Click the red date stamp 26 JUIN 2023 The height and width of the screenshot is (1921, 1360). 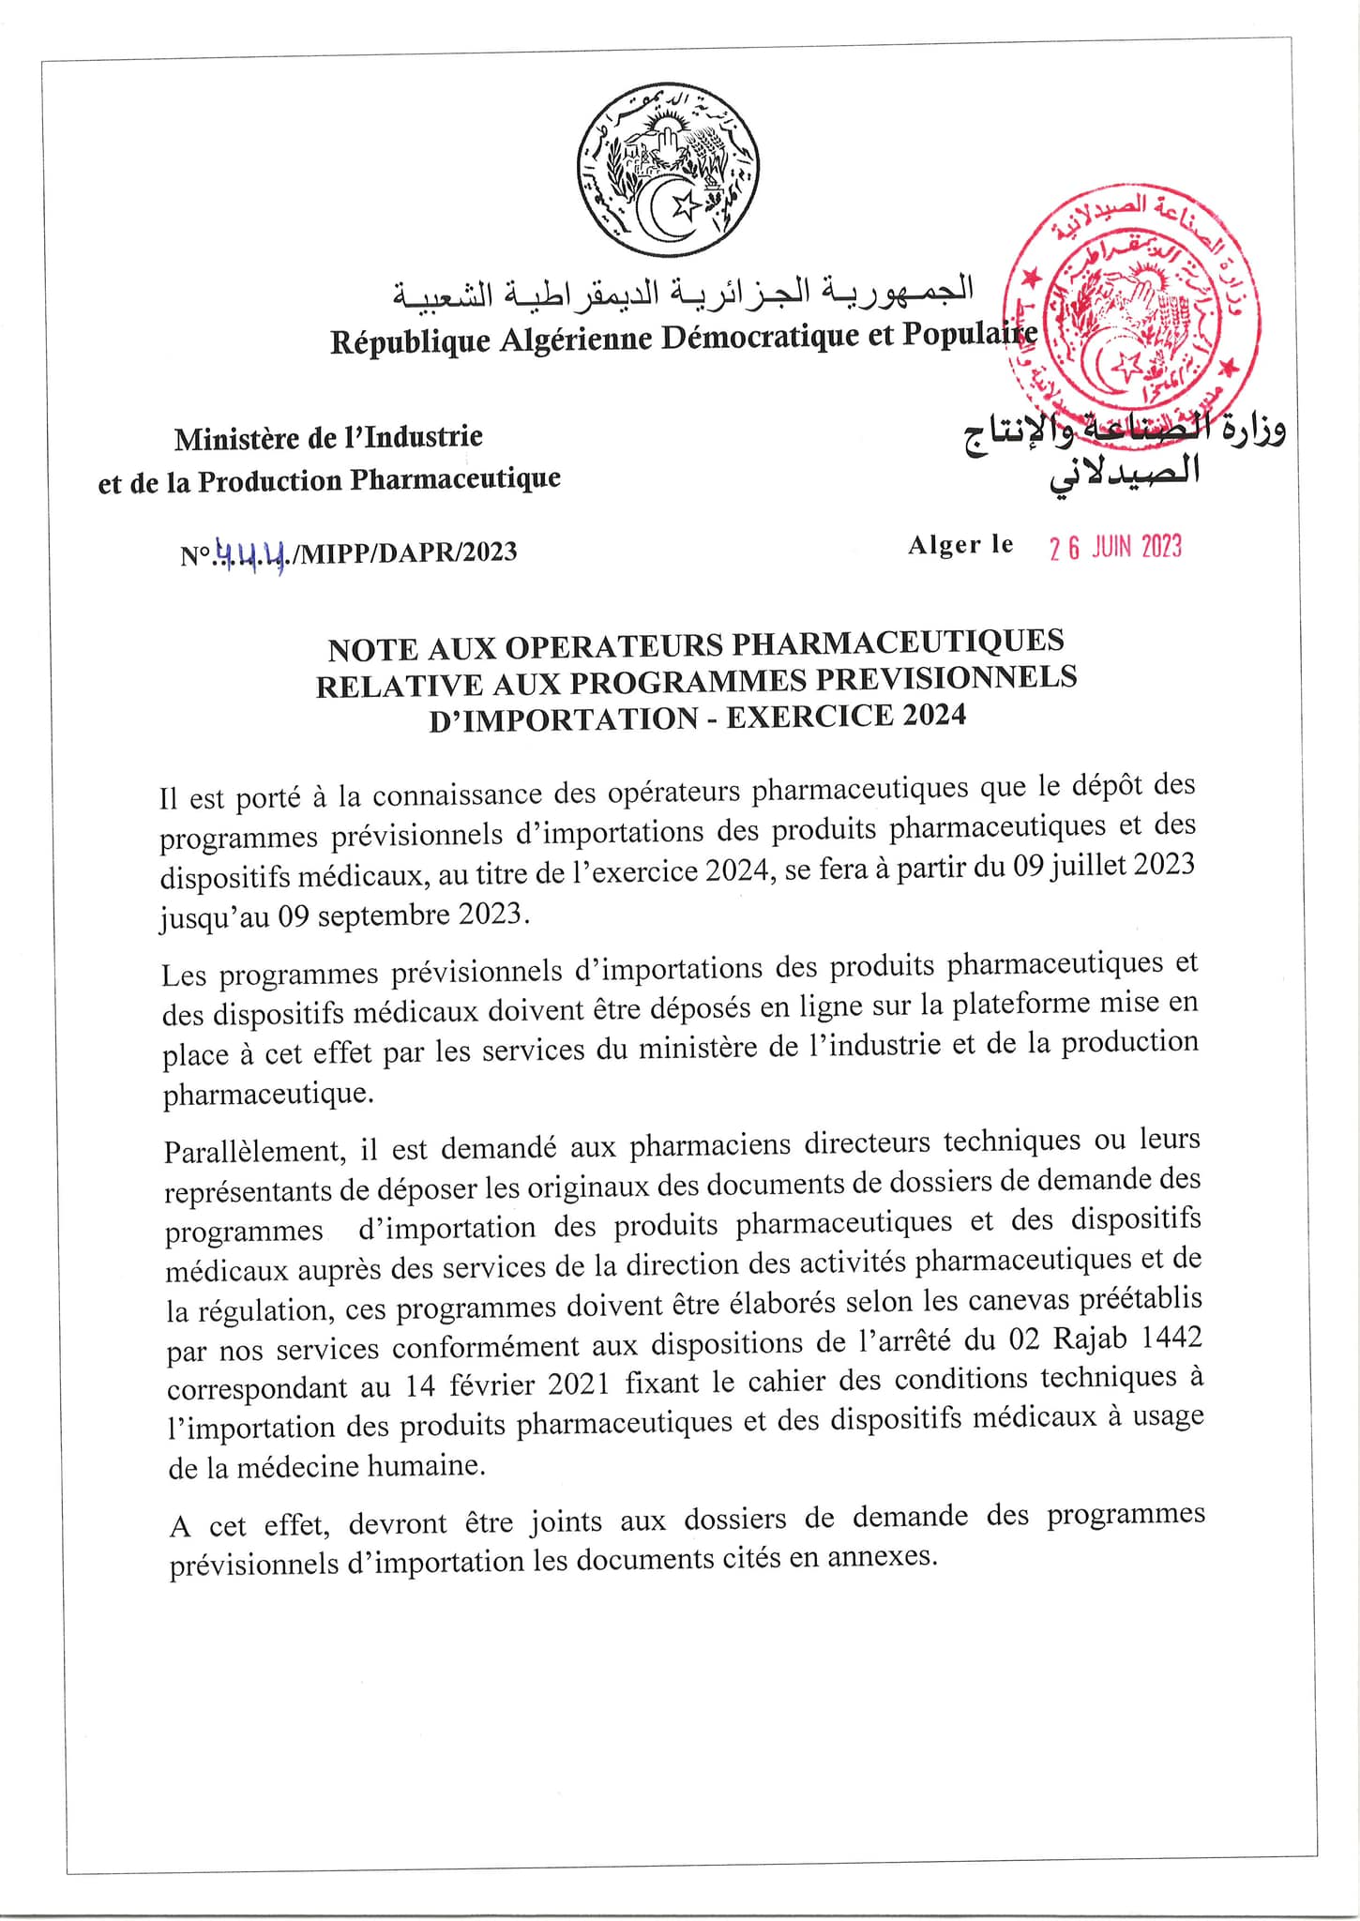(1115, 547)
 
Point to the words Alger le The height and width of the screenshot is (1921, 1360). (960, 545)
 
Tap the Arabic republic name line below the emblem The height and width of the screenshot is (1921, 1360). (683, 292)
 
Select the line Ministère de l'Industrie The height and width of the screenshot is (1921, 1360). (328, 437)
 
